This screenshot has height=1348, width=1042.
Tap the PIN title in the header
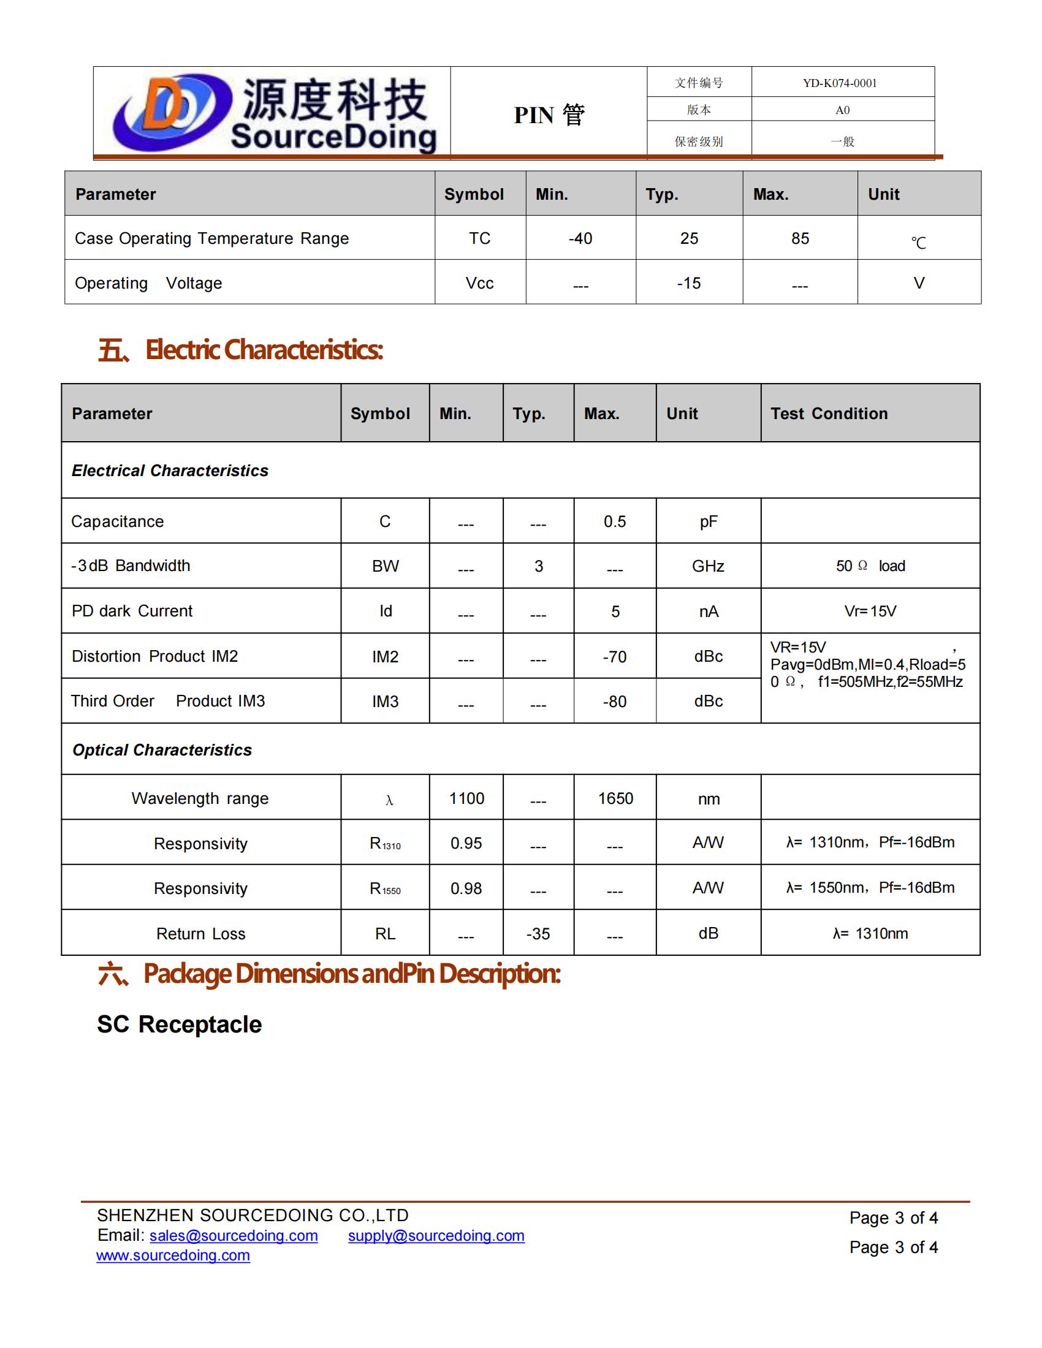(x=549, y=115)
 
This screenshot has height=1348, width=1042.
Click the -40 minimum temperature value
(x=580, y=238)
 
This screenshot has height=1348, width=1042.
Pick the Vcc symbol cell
(x=480, y=283)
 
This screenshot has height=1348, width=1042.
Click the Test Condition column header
(x=829, y=414)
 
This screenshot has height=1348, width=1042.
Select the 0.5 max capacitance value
(x=615, y=521)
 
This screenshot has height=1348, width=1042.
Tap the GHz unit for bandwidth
(x=708, y=566)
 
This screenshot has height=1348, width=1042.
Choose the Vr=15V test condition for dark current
(x=870, y=611)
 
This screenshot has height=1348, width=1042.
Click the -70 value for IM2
(x=615, y=657)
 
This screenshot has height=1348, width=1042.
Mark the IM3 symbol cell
(x=385, y=702)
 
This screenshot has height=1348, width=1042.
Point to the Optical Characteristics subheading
(x=162, y=750)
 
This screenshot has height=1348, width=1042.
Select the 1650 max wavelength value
(x=615, y=798)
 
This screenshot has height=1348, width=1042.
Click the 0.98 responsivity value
(x=466, y=889)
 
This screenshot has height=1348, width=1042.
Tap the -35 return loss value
(x=538, y=934)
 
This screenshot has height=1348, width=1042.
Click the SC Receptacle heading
(x=180, y=1024)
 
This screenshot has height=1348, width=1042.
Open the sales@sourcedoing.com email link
(x=234, y=1236)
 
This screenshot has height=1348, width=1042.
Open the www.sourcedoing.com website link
(x=173, y=1255)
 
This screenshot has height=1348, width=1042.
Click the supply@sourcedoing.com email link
(x=436, y=1236)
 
